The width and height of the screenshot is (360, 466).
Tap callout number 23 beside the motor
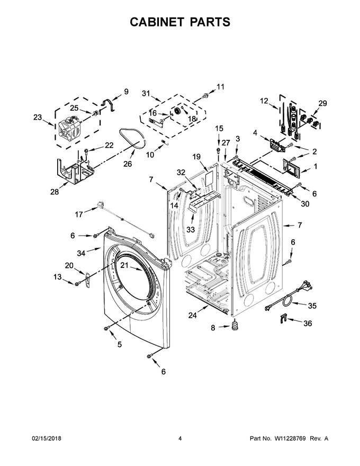point(38,118)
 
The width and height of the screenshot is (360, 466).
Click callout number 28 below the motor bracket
point(55,192)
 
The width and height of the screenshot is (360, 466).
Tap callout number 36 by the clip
point(308,323)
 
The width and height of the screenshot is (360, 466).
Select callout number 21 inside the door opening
point(124,265)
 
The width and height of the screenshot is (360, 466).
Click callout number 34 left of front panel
point(81,253)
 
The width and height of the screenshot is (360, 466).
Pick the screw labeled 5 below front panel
point(106,328)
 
